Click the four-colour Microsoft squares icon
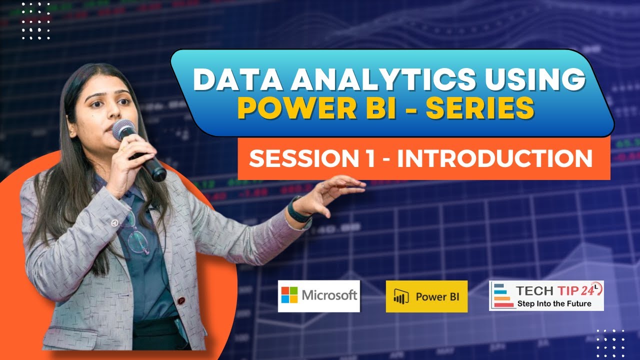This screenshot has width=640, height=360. pos(289,295)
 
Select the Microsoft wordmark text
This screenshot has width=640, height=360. pos(329,295)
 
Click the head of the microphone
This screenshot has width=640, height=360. pos(123,129)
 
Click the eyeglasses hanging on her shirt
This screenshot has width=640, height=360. pos(135,235)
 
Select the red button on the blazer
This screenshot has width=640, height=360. pos(181,301)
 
